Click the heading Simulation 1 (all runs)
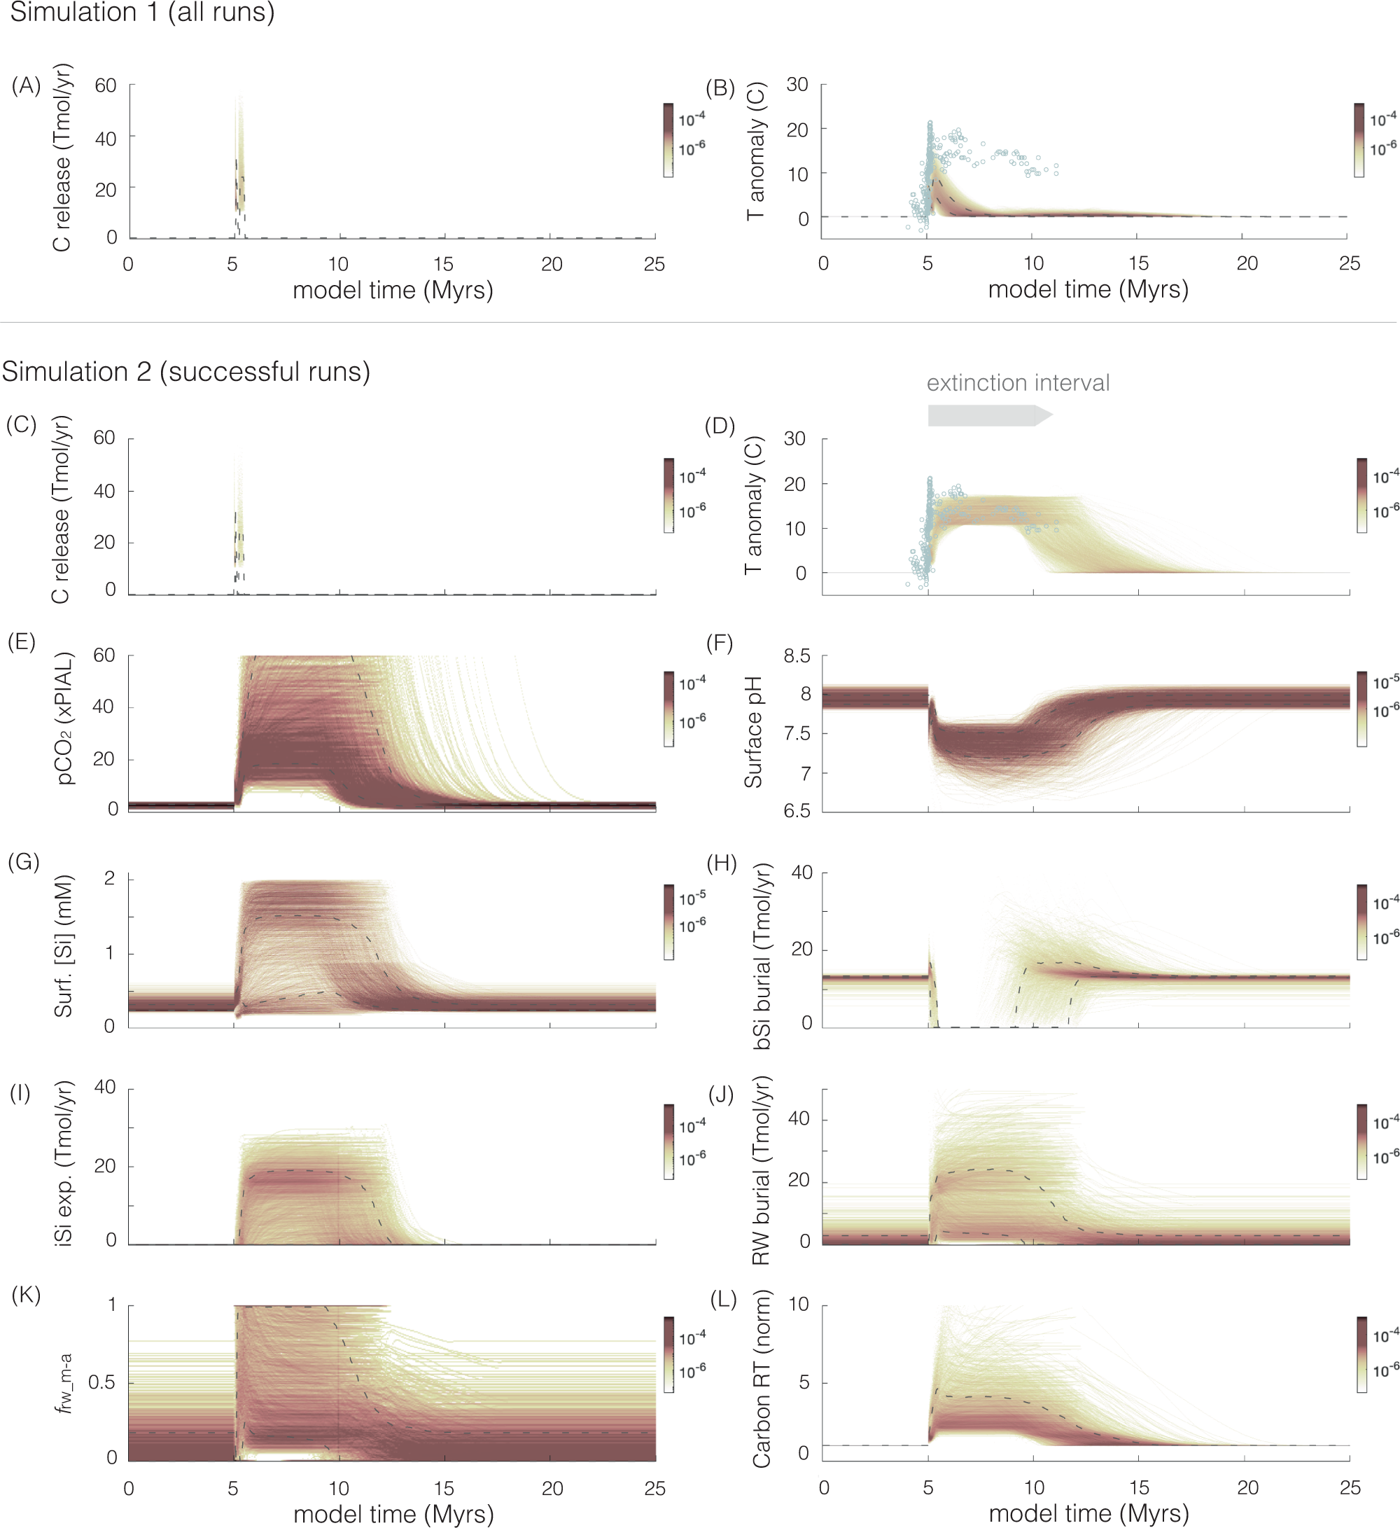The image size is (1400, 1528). [141, 12]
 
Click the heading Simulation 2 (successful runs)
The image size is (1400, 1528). [185, 371]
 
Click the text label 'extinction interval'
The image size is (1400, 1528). [1017, 383]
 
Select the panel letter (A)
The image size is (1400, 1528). [26, 85]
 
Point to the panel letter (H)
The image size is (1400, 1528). [721, 863]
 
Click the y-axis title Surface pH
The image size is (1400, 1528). [753, 732]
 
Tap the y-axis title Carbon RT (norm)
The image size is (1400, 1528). [761, 1378]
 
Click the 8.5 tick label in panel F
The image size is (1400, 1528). [796, 655]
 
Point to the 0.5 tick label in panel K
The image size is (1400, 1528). [102, 1382]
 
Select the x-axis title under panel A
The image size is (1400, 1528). [393, 291]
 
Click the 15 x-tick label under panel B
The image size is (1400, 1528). [1138, 264]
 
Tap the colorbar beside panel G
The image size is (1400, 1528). [668, 922]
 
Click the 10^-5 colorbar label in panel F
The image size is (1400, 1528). [1385, 682]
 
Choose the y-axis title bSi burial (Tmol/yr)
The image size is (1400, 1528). [761, 956]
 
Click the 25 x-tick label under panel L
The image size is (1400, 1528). [1349, 1487]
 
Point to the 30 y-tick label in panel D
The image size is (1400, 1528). [794, 439]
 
